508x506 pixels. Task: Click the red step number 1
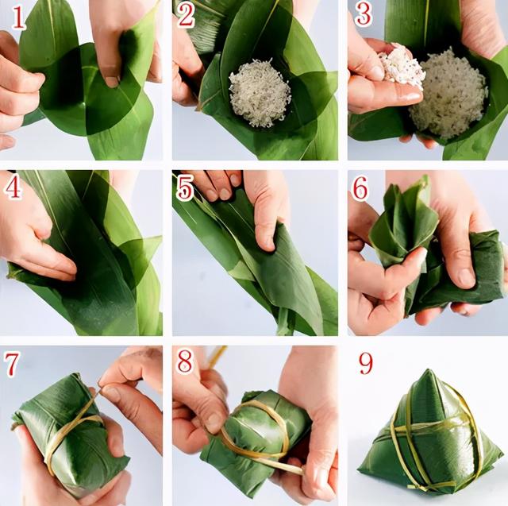click(17, 18)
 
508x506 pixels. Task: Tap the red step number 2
click(186, 16)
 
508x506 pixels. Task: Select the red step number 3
click(364, 14)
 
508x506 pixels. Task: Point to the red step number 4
click(13, 187)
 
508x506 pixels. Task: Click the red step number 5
click(185, 189)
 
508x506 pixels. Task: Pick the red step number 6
click(360, 188)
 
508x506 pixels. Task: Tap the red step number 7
click(11, 365)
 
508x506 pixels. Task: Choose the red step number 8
click(185, 361)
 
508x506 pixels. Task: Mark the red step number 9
click(367, 363)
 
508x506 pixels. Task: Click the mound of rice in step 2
click(260, 93)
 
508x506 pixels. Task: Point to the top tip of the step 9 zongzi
click(429, 370)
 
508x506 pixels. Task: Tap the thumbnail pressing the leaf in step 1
click(112, 81)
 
